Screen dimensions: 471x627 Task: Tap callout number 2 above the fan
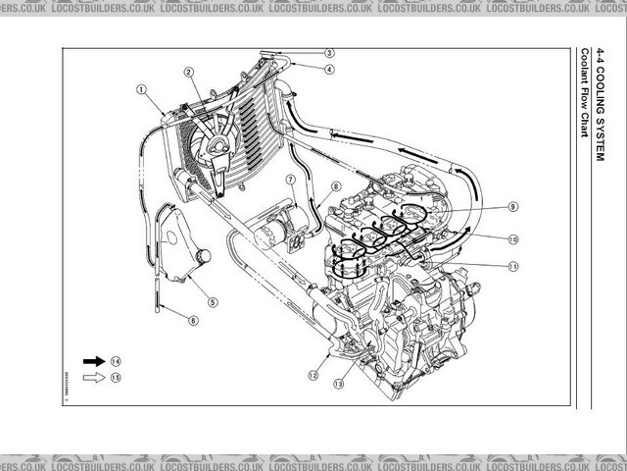(188, 71)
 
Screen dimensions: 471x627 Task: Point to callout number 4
(329, 70)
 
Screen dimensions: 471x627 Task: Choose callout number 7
(290, 180)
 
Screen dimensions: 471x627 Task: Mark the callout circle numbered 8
(335, 186)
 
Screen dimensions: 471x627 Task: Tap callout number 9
(512, 207)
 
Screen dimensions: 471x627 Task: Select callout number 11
(512, 266)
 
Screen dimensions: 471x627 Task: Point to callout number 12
(313, 374)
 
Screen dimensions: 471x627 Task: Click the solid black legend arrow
(95, 361)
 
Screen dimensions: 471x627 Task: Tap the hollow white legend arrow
(95, 376)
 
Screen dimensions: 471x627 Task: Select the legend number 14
(116, 361)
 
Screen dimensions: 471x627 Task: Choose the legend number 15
(116, 376)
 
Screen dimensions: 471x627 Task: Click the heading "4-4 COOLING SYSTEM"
(601, 107)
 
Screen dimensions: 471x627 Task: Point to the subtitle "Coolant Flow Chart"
(584, 94)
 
